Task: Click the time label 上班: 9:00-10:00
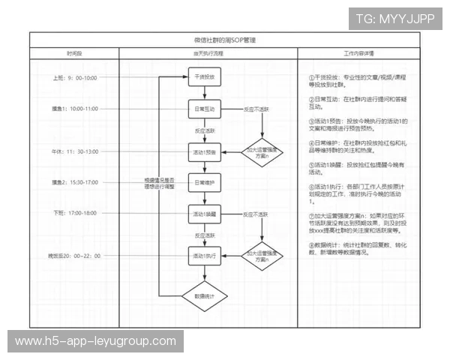pyautogui.click(x=75, y=78)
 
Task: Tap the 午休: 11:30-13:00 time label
pyautogui.click(x=75, y=151)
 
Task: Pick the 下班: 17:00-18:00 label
pyautogui.click(x=75, y=214)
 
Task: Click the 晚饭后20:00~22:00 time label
pyautogui.click(x=74, y=256)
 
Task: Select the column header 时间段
pyautogui.click(x=74, y=54)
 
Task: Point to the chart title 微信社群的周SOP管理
pyautogui.click(x=224, y=40)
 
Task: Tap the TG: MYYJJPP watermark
pyautogui.click(x=394, y=19)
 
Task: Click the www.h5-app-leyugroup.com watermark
pyautogui.click(x=95, y=341)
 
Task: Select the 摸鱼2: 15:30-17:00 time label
pyautogui.click(x=75, y=182)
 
